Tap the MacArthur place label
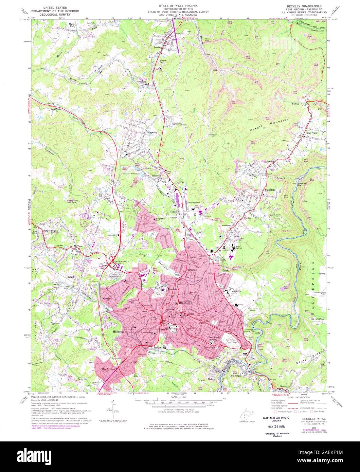pos(108,368)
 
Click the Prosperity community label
pos(151,132)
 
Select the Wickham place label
pos(105,299)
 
